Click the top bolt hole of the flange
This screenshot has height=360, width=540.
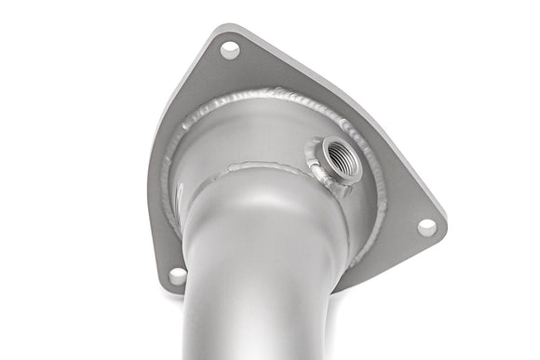click(229, 50)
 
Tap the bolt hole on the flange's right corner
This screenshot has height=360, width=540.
click(426, 226)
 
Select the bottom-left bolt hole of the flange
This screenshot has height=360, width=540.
click(177, 275)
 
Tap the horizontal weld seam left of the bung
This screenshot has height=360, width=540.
click(261, 167)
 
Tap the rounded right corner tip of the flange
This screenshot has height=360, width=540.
click(443, 229)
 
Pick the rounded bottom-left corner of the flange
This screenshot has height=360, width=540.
click(168, 284)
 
